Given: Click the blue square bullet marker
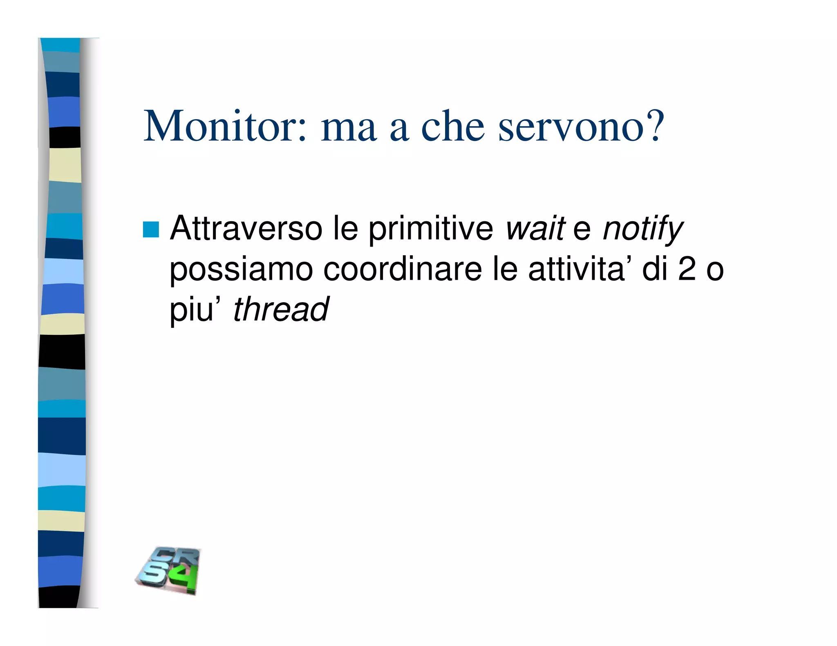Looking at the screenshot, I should (150, 229).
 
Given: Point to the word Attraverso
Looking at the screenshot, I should (246, 229).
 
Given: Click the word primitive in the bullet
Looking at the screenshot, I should (431, 229).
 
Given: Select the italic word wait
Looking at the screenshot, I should (535, 229).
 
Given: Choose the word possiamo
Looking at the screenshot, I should (241, 270).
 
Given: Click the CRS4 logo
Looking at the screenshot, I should (169, 570).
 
